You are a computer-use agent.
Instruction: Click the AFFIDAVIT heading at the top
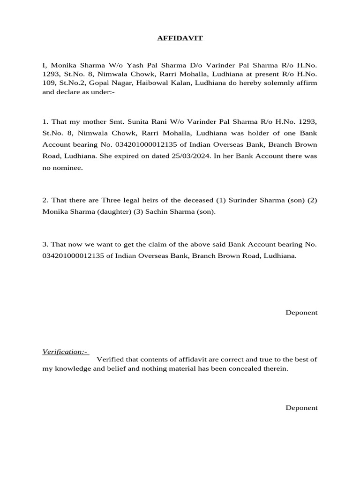(x=180, y=38)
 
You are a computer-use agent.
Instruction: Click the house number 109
(x=49, y=83)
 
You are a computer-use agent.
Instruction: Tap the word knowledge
(x=74, y=369)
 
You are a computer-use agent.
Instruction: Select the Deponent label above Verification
(x=301, y=313)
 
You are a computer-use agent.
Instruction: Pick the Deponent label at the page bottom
(x=301, y=408)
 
